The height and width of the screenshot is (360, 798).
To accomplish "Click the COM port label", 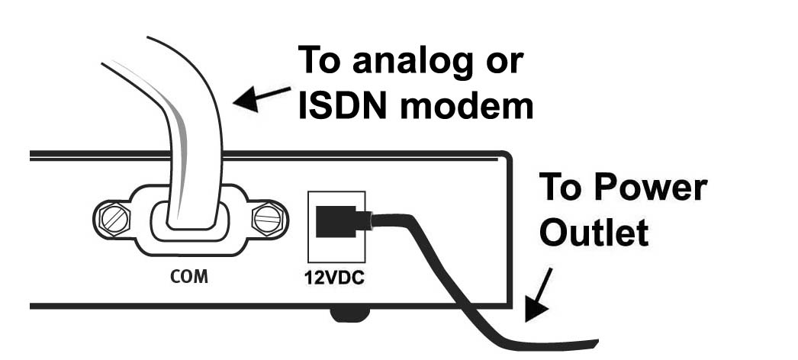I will tap(188, 276).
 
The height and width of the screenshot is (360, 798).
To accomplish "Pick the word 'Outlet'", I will tap(595, 232).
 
